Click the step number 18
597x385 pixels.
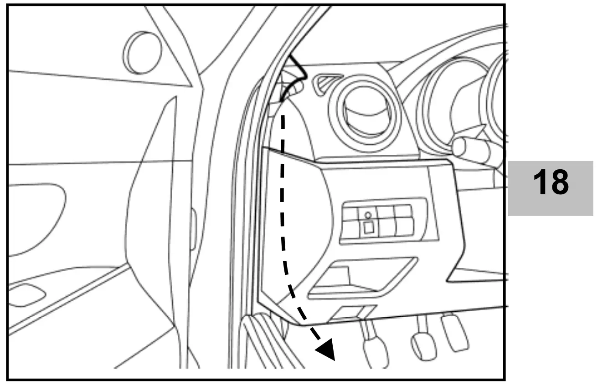(551, 183)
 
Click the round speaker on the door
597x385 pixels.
(142, 52)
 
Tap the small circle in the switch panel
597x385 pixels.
(368, 214)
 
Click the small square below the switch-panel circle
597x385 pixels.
(368, 228)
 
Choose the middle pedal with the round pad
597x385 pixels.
(423, 344)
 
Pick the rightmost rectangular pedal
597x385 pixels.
(454, 332)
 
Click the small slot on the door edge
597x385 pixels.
(193, 230)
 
